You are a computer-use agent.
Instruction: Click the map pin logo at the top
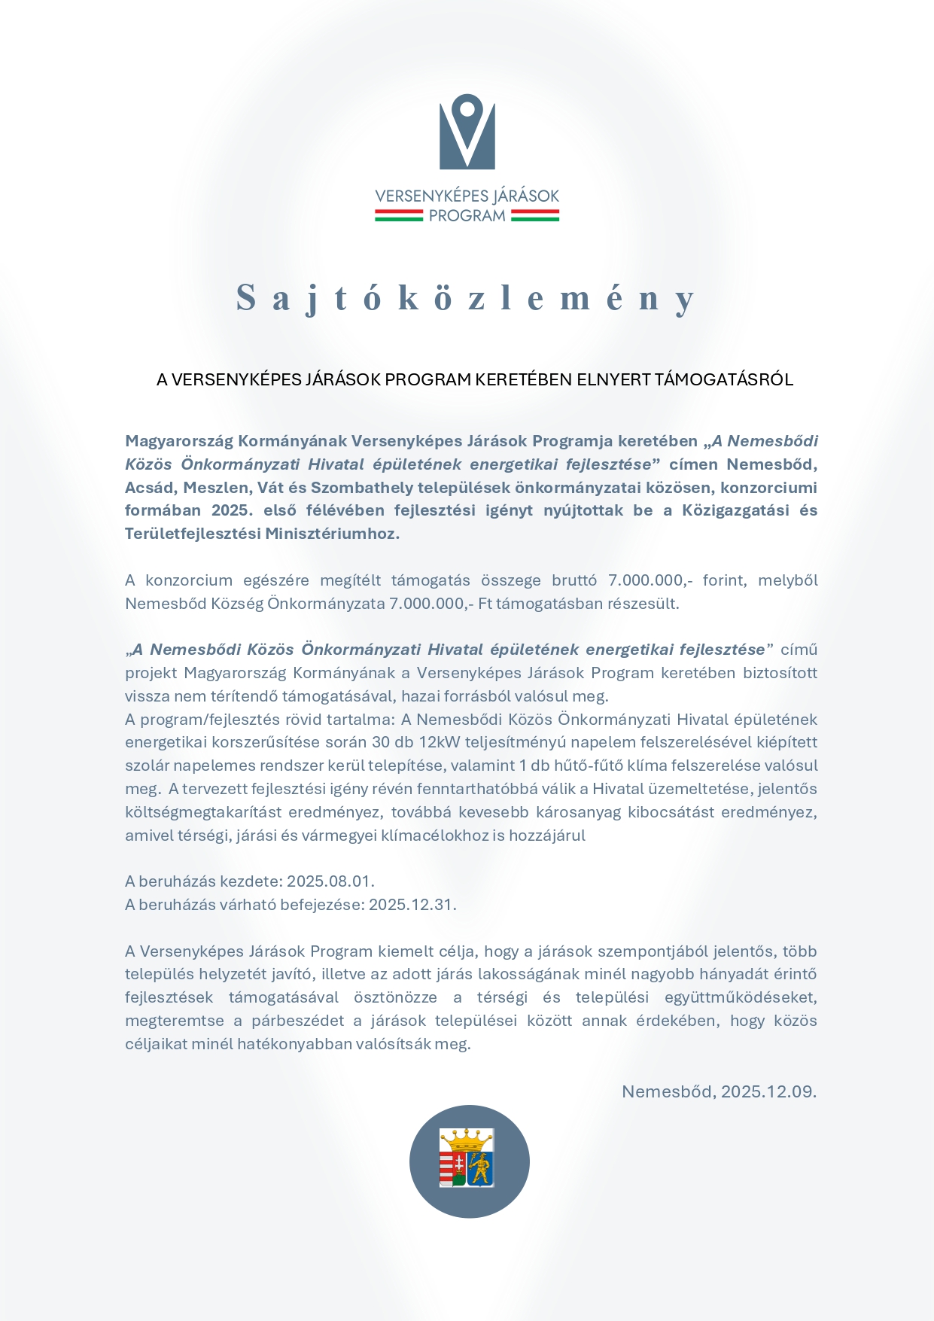[467, 132]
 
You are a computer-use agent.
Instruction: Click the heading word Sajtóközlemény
[466, 298]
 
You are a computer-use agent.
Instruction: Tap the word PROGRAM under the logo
[467, 216]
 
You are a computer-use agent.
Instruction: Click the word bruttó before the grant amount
[574, 580]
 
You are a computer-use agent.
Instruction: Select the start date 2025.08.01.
[330, 881]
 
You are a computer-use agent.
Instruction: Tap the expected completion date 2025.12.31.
[412, 905]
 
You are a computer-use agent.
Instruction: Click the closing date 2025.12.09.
[768, 1091]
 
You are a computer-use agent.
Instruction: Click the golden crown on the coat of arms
[467, 1137]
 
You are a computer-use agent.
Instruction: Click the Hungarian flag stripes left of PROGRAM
[399, 216]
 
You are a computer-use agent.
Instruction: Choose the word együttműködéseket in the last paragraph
[741, 998]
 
